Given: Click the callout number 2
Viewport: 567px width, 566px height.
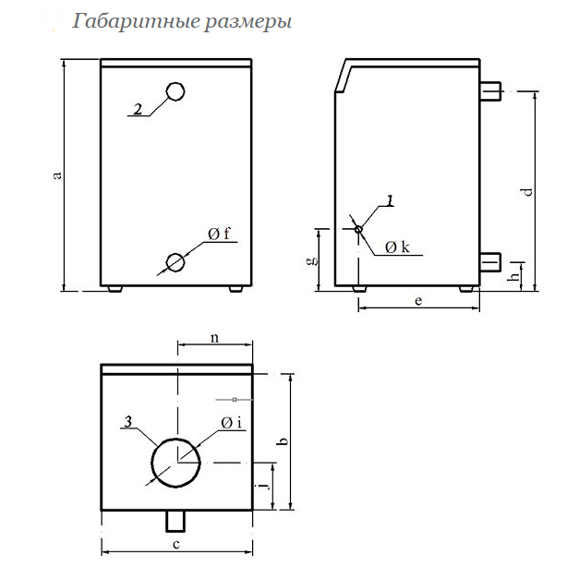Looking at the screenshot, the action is pyautogui.click(x=137, y=109).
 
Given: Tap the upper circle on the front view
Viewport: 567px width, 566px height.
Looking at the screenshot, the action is pyautogui.click(x=175, y=91).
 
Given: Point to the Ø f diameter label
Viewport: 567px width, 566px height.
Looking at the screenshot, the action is pyautogui.click(x=220, y=235).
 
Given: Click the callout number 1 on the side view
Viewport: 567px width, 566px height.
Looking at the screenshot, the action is pyautogui.click(x=390, y=199).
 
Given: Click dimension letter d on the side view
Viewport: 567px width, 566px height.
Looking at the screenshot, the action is pyautogui.click(x=527, y=192).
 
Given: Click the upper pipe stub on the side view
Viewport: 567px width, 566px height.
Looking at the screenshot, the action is pyautogui.click(x=490, y=90).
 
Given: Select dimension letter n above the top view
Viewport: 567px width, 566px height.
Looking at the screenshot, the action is pyautogui.click(x=214, y=338).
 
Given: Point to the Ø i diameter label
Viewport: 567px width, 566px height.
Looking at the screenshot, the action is pyautogui.click(x=231, y=423).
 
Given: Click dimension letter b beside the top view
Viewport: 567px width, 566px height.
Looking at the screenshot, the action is pyautogui.click(x=283, y=441).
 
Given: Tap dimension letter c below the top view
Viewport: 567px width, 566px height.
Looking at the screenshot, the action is pyautogui.click(x=175, y=545).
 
